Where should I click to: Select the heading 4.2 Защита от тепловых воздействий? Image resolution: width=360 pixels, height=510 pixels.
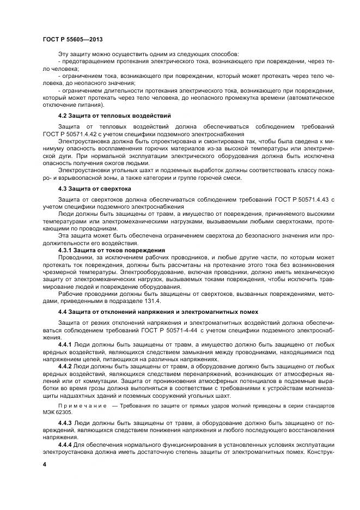[x=114, y=116]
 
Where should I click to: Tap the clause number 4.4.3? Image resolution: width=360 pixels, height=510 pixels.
[x=65, y=422]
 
